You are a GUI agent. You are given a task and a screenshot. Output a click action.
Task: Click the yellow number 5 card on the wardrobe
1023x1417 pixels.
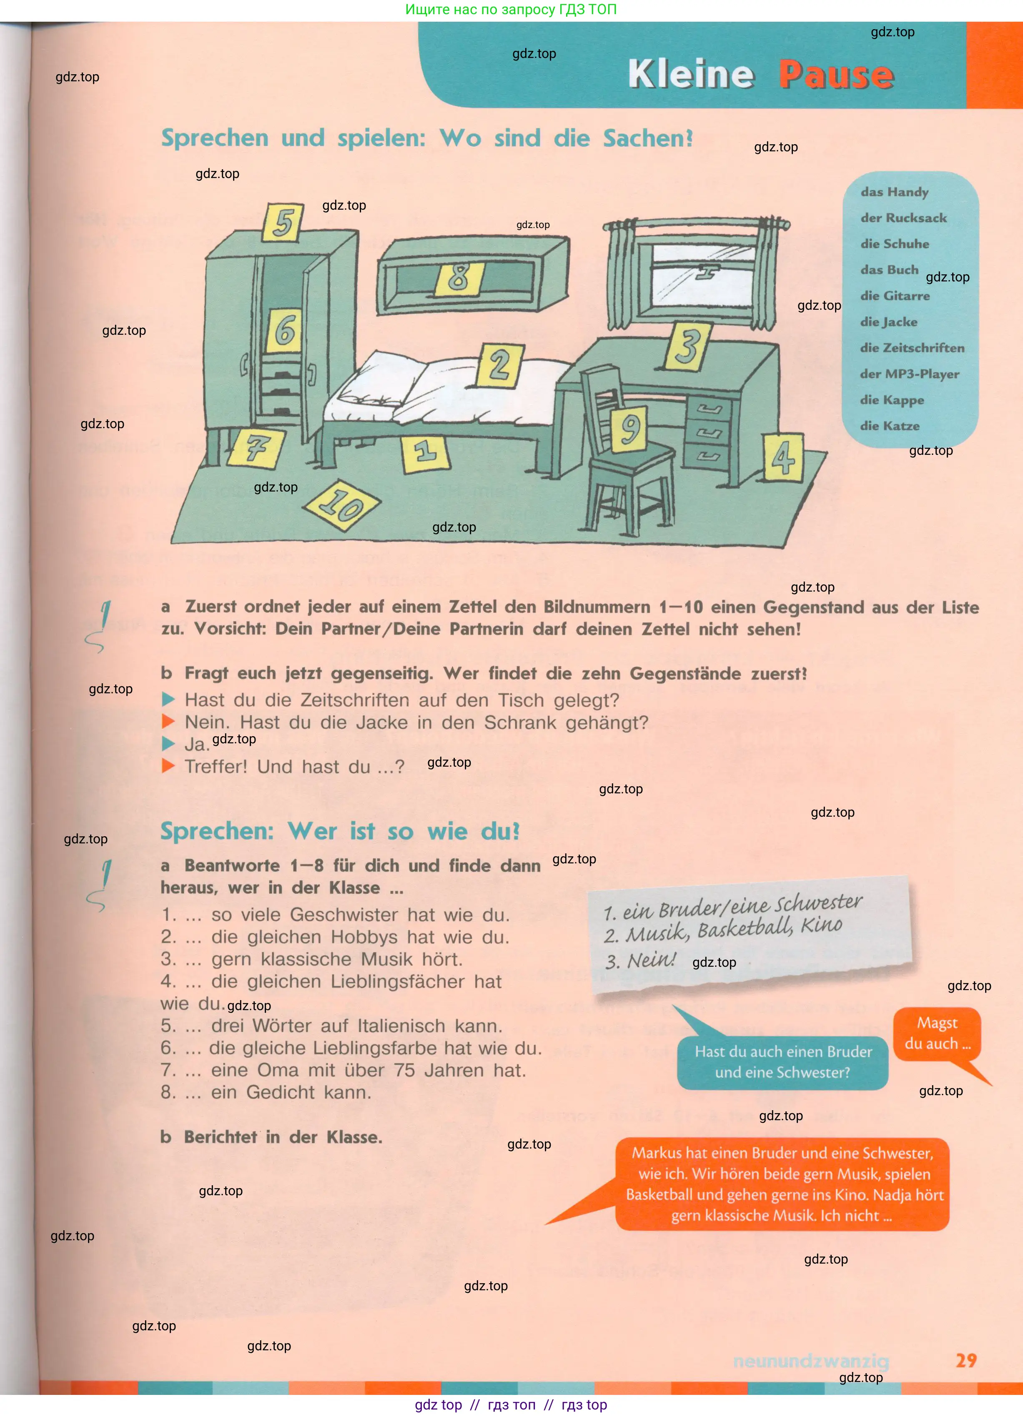pyautogui.click(x=283, y=222)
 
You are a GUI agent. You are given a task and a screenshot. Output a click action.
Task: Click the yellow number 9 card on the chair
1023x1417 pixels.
pyautogui.click(x=629, y=429)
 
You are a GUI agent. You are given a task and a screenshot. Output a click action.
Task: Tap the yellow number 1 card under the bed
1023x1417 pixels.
pyautogui.click(x=426, y=452)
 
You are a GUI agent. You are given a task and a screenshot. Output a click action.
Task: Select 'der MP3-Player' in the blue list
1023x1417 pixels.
pyautogui.click(x=909, y=374)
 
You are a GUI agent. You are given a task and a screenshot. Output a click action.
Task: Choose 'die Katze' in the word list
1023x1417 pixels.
pyautogui.click(x=889, y=426)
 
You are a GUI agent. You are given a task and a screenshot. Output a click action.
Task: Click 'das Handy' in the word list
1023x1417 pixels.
pyautogui.click(x=894, y=192)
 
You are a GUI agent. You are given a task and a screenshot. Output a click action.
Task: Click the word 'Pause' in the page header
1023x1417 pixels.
pyautogui.click(x=836, y=75)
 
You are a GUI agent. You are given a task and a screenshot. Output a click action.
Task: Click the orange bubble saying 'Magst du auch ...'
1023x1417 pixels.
pyautogui.click(x=937, y=1034)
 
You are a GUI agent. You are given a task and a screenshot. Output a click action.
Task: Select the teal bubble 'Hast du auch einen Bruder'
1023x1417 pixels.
pyautogui.click(x=782, y=1062)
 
